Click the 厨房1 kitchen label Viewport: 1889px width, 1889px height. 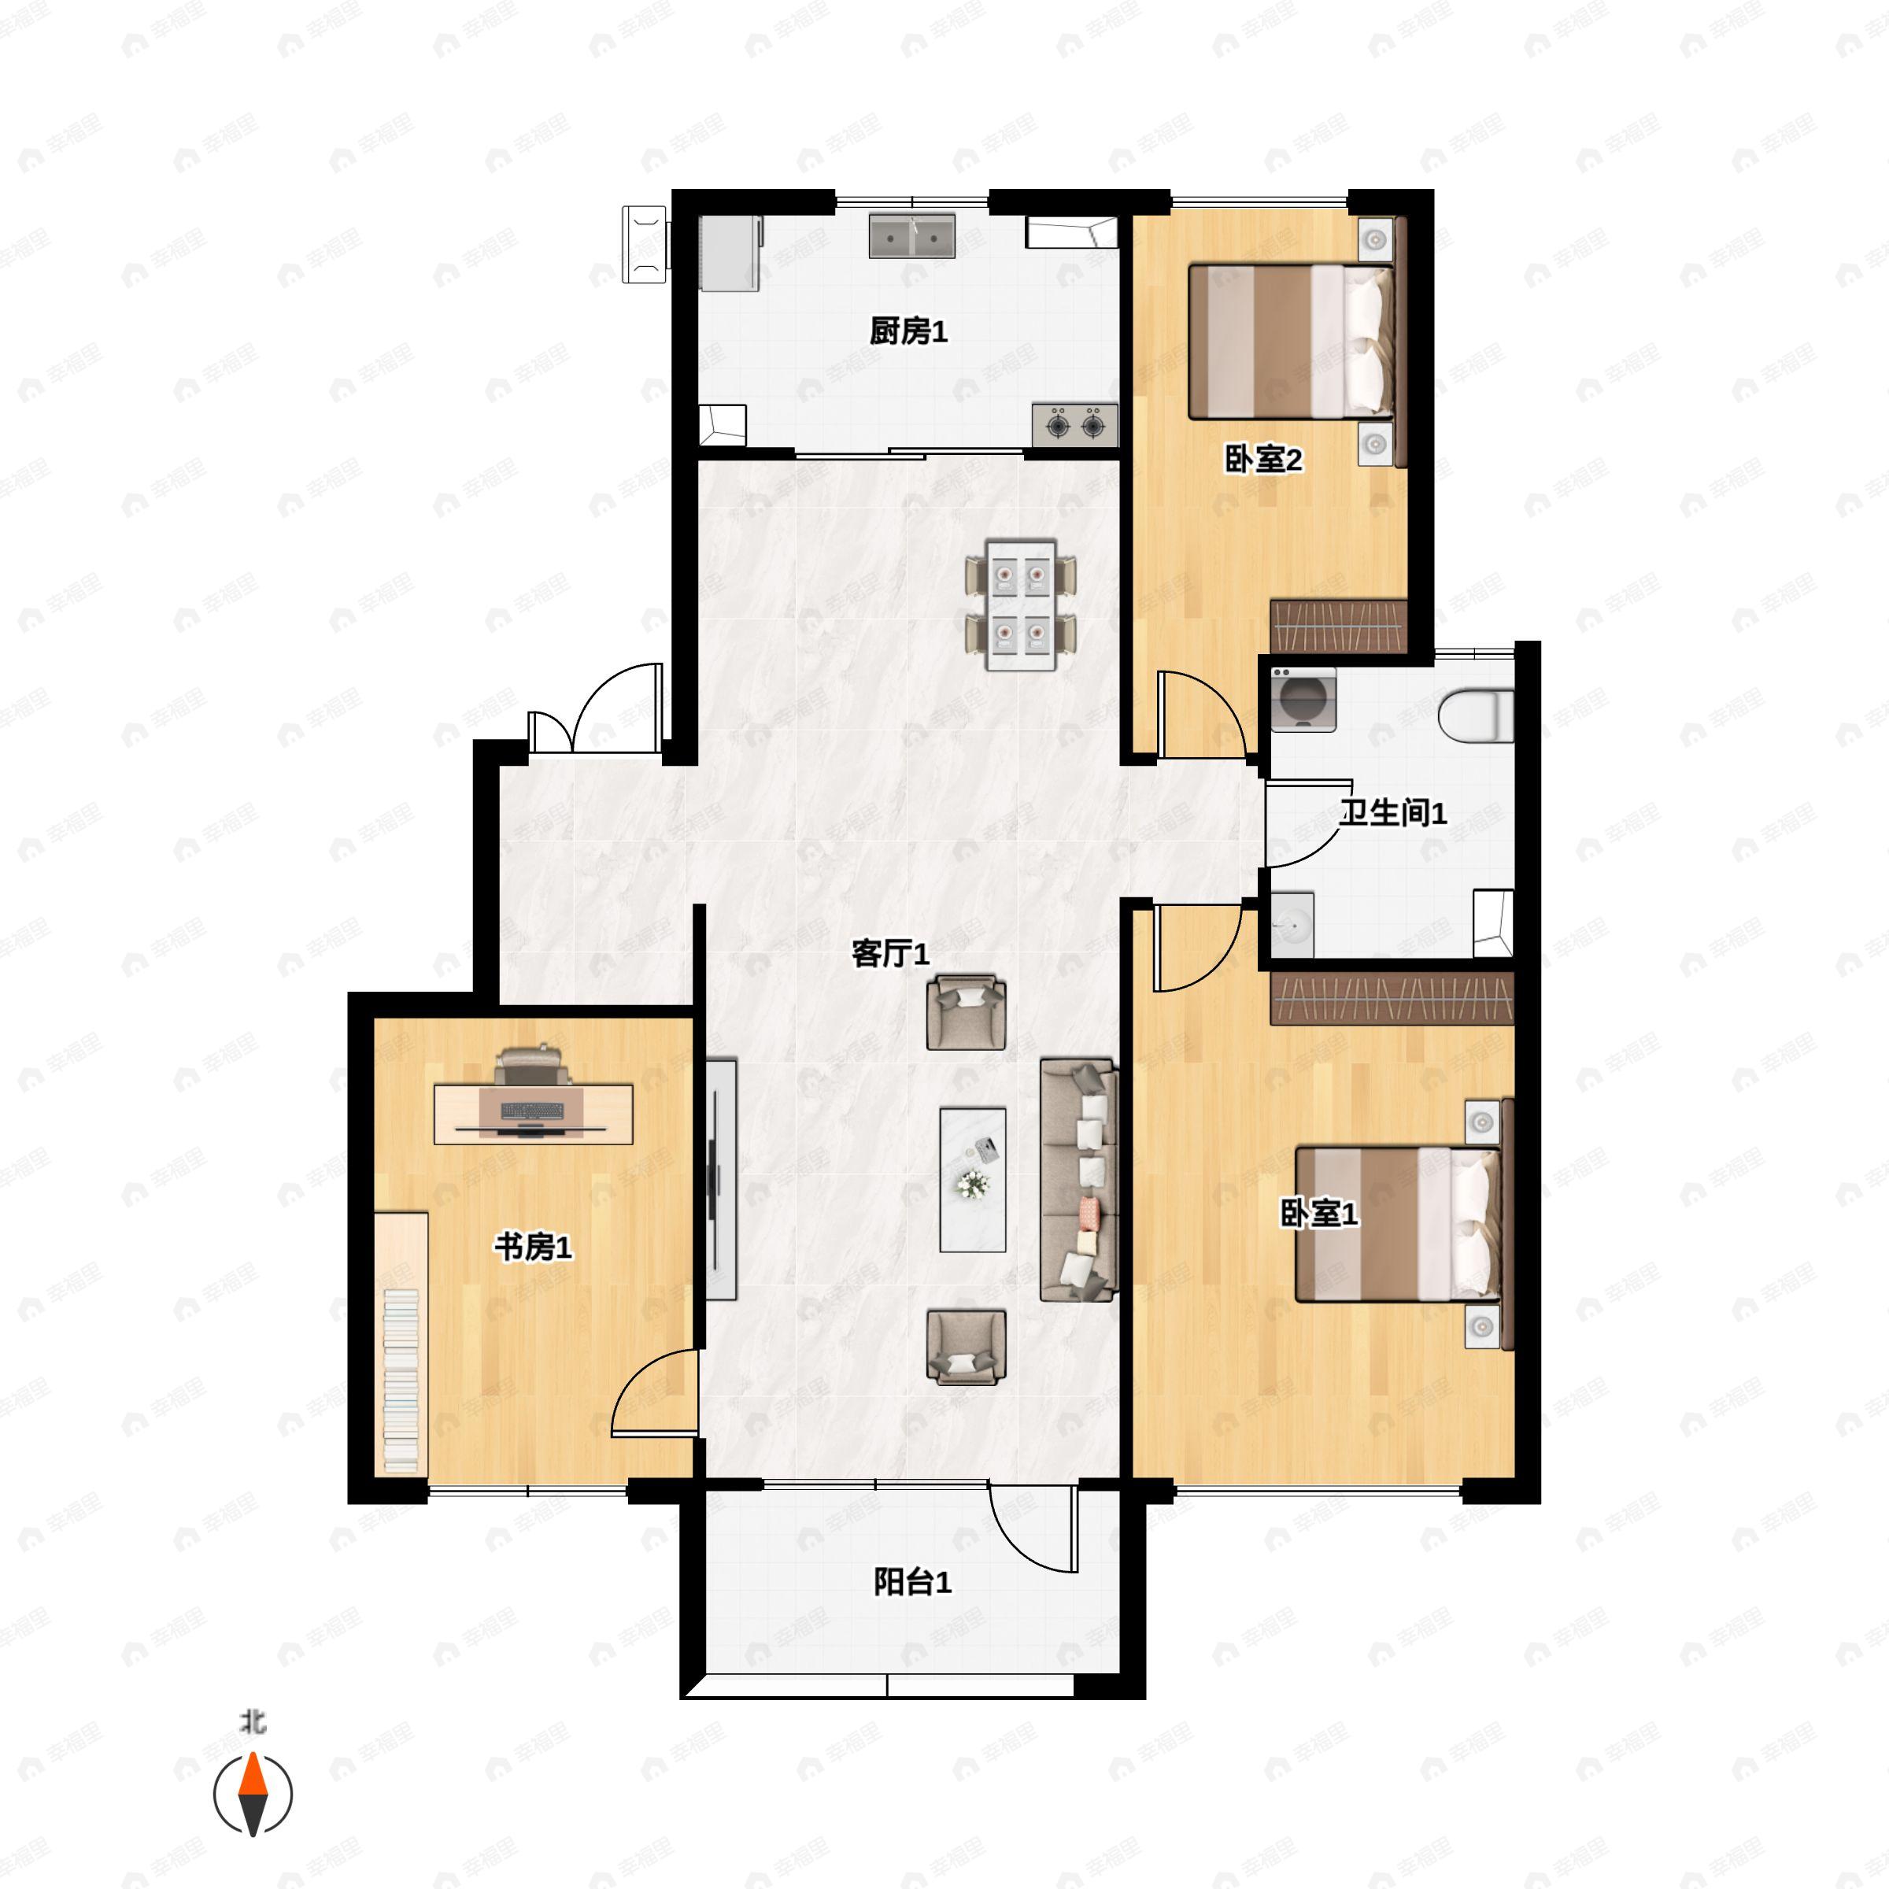coord(908,331)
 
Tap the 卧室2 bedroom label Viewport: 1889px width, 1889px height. coord(1263,459)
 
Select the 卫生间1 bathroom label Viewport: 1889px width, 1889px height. coord(1392,811)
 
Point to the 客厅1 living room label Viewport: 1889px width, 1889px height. coord(889,952)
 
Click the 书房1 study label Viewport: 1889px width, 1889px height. coord(533,1247)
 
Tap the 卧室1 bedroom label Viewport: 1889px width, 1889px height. coord(1319,1214)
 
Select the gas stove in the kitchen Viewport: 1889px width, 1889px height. coord(1074,425)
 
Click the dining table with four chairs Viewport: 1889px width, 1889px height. coord(1021,605)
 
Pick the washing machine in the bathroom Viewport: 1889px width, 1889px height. coord(1303,699)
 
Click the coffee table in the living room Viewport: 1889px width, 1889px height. coord(973,1179)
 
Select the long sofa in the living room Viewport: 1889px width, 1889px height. coord(1078,1179)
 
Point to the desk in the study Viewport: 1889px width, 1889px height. coord(533,1114)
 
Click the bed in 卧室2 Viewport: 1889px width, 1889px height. coord(1292,342)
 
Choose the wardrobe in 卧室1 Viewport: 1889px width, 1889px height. coord(1392,998)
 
